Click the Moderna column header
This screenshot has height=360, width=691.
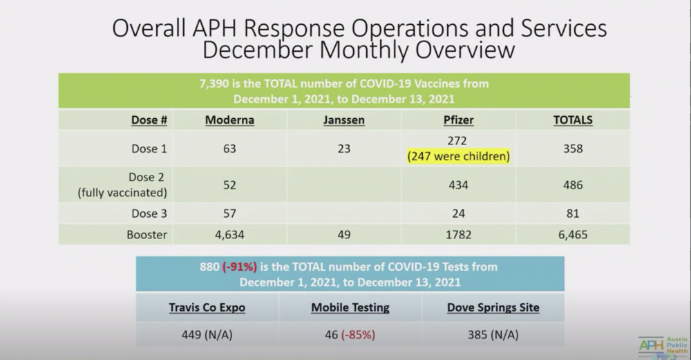229,120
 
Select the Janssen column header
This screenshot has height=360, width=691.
343,120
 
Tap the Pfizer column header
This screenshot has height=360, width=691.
458,120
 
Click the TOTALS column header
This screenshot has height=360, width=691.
573,120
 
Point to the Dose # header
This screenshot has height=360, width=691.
149,120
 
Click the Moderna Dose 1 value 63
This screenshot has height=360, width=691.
229,149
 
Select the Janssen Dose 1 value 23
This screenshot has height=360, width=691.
343,149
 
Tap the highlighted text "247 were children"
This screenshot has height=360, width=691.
458,156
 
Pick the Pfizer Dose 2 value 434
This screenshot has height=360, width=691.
458,184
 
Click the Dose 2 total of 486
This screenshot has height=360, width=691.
573,184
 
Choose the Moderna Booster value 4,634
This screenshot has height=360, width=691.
229,234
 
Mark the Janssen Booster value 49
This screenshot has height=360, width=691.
343,234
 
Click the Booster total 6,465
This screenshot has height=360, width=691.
573,234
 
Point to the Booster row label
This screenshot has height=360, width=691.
146,234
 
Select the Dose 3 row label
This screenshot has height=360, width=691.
149,214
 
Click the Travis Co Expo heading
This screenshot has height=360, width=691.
207,307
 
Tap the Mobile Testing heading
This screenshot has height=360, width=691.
350,307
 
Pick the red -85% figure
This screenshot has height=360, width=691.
359,334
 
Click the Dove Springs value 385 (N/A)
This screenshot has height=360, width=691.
493,334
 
